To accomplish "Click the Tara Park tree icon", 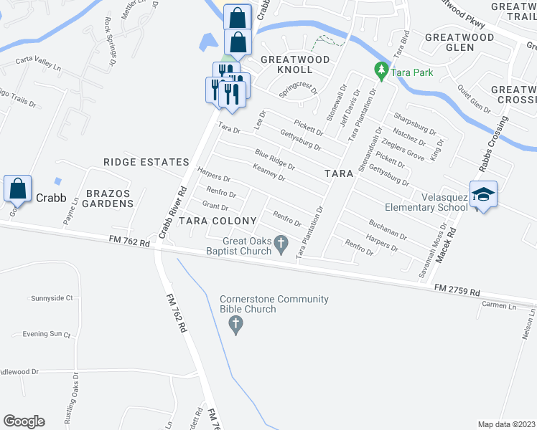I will pos(380,72).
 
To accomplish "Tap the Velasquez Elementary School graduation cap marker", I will pos(483,195).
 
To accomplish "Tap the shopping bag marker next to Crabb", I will pos(17,190).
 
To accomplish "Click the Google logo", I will pos(24,421).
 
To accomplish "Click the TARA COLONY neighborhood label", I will pos(218,221).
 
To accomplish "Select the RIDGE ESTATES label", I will pos(146,163).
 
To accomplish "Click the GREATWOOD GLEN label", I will pos(459,42).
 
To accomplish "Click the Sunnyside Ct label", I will pos(52,297).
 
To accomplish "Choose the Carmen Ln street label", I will pos(500,306).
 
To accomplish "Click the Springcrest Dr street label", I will pos(298,89).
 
